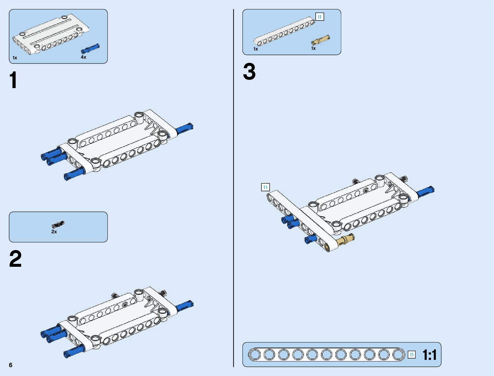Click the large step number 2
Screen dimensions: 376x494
point(15,259)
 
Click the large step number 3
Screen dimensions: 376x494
point(249,72)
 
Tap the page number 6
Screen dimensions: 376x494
point(11,365)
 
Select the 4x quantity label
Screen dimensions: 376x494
point(83,57)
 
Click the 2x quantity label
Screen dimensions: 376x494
point(54,232)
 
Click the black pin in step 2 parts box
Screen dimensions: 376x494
point(58,224)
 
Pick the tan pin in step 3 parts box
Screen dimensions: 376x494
point(321,40)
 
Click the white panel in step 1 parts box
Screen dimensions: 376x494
point(51,34)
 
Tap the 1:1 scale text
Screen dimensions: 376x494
point(429,355)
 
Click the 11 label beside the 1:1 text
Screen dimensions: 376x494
point(412,355)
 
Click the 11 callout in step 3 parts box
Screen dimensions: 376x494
point(320,17)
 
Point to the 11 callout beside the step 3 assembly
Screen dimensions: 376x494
point(265,187)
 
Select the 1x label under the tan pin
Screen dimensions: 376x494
point(313,48)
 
